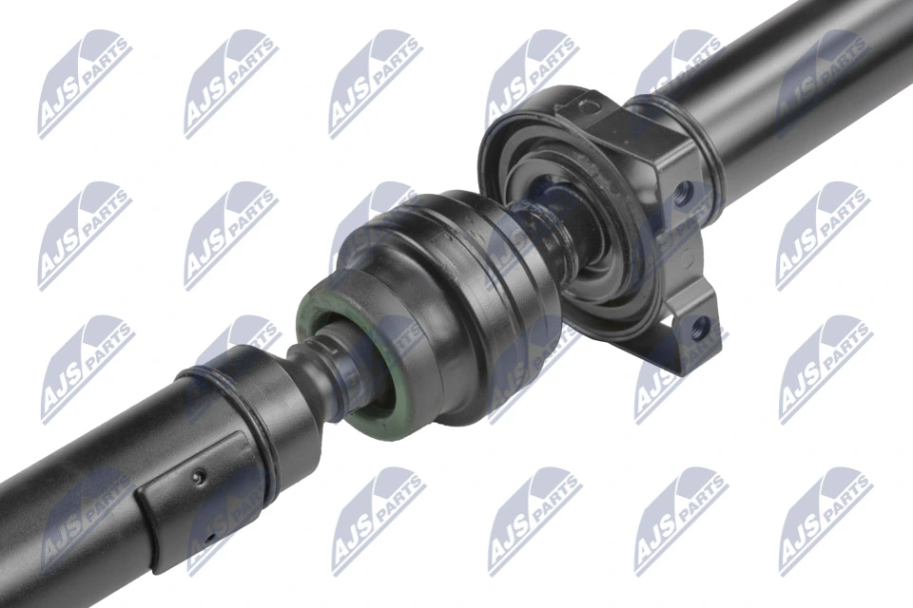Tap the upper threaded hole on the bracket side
681,198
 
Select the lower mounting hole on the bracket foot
701,330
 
